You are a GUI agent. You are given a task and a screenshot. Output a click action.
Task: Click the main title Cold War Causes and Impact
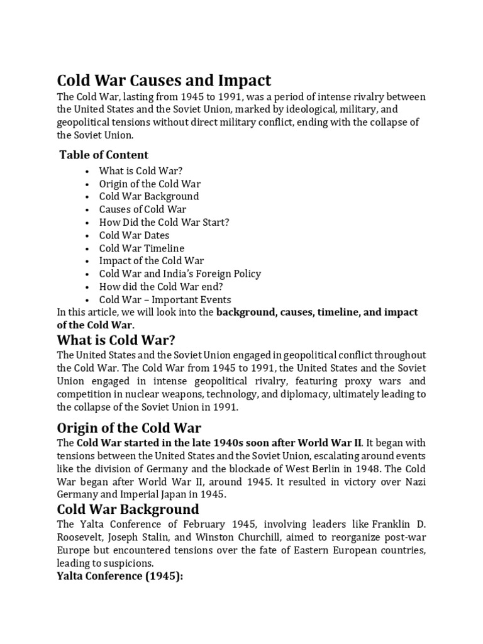(164, 81)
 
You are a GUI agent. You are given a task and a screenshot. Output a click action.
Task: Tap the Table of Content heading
(104, 155)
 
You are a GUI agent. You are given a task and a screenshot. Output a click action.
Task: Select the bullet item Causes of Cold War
(142, 209)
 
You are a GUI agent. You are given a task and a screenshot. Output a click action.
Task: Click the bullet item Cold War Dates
(134, 235)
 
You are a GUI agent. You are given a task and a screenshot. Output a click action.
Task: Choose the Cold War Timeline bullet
(142, 248)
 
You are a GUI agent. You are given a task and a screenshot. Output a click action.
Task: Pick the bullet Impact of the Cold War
(151, 261)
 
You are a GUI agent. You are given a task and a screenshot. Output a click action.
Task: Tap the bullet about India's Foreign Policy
(180, 274)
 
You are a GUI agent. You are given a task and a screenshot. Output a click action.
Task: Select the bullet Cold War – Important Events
(165, 300)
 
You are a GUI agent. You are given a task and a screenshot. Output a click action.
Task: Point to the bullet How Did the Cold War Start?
(164, 223)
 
